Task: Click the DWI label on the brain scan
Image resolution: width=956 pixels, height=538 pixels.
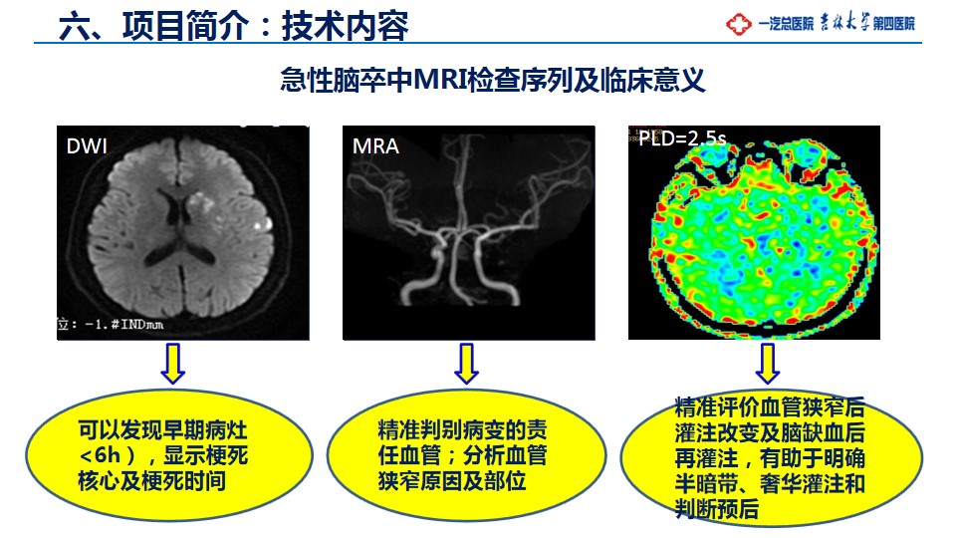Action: click(x=87, y=146)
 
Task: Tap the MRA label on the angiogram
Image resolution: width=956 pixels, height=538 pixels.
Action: click(x=375, y=146)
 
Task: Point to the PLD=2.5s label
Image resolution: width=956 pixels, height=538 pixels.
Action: click(x=682, y=138)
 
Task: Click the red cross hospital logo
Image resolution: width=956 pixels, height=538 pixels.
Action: click(x=738, y=24)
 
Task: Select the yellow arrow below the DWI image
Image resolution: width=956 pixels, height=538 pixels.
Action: click(x=172, y=364)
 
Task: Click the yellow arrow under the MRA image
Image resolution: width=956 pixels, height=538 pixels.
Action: click(x=466, y=364)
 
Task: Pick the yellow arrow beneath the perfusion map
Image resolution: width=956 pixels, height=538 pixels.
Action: click(x=768, y=364)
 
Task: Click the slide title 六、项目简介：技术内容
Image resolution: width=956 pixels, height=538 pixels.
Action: click(x=233, y=26)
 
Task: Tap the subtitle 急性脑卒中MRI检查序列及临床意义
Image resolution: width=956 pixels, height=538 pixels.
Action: click(x=493, y=80)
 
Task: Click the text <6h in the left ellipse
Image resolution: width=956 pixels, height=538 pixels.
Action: click(x=100, y=455)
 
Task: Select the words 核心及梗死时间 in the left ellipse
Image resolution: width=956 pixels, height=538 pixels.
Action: click(x=151, y=481)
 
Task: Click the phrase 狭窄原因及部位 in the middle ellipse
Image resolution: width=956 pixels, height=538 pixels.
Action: click(x=452, y=481)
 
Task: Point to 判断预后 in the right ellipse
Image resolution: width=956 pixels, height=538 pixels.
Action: click(x=716, y=509)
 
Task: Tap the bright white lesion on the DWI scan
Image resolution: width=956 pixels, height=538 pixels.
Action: click(x=262, y=224)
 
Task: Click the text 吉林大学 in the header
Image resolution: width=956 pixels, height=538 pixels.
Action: click(x=844, y=23)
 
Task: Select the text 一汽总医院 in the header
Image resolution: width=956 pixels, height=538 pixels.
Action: click(x=786, y=24)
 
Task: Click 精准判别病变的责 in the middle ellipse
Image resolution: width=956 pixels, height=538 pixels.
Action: click(x=462, y=430)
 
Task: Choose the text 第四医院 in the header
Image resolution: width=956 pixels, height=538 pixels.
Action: click(x=894, y=24)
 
